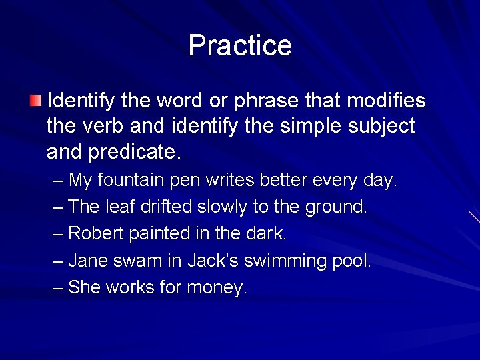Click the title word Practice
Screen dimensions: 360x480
point(240,45)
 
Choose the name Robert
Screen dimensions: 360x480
point(93,234)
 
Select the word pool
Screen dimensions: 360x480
point(351,261)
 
